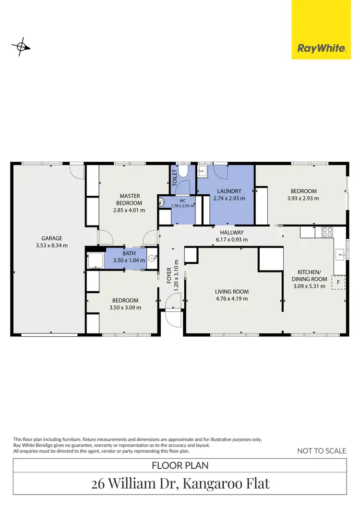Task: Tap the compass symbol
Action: tap(21, 47)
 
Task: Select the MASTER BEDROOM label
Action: tap(130, 199)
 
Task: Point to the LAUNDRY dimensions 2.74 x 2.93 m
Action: tap(229, 198)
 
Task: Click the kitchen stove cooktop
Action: tap(327, 232)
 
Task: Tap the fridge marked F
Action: tap(338, 283)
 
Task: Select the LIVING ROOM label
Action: tap(232, 291)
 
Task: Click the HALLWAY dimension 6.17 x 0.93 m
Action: tap(232, 239)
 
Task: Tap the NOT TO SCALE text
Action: tap(322, 450)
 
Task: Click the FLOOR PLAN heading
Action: tap(180, 465)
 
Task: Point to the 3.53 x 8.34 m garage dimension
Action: tap(51, 245)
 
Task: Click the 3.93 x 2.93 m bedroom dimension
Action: tap(303, 198)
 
